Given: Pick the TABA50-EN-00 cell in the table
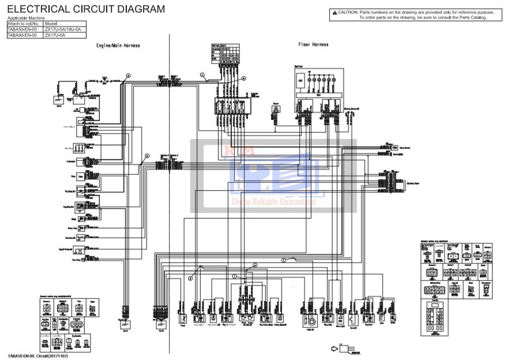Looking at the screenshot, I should coord(22,29).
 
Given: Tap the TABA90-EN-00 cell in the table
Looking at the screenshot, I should coord(22,35).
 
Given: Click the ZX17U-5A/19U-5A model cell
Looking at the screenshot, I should coord(62,29).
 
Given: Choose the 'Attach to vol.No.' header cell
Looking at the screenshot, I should coord(23,24).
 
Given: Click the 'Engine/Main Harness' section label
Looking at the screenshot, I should coord(118,46).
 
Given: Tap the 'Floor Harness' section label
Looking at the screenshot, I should coord(313,44).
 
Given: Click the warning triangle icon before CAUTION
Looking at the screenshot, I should coord(334,12).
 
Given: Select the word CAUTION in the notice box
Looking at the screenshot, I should coord(348,12).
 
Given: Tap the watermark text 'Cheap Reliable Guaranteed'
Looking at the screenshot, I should coord(273,202).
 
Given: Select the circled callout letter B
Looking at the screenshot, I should coord(147,156).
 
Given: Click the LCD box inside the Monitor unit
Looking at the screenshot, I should coord(300,81).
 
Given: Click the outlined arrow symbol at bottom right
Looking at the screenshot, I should coord(334,348).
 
